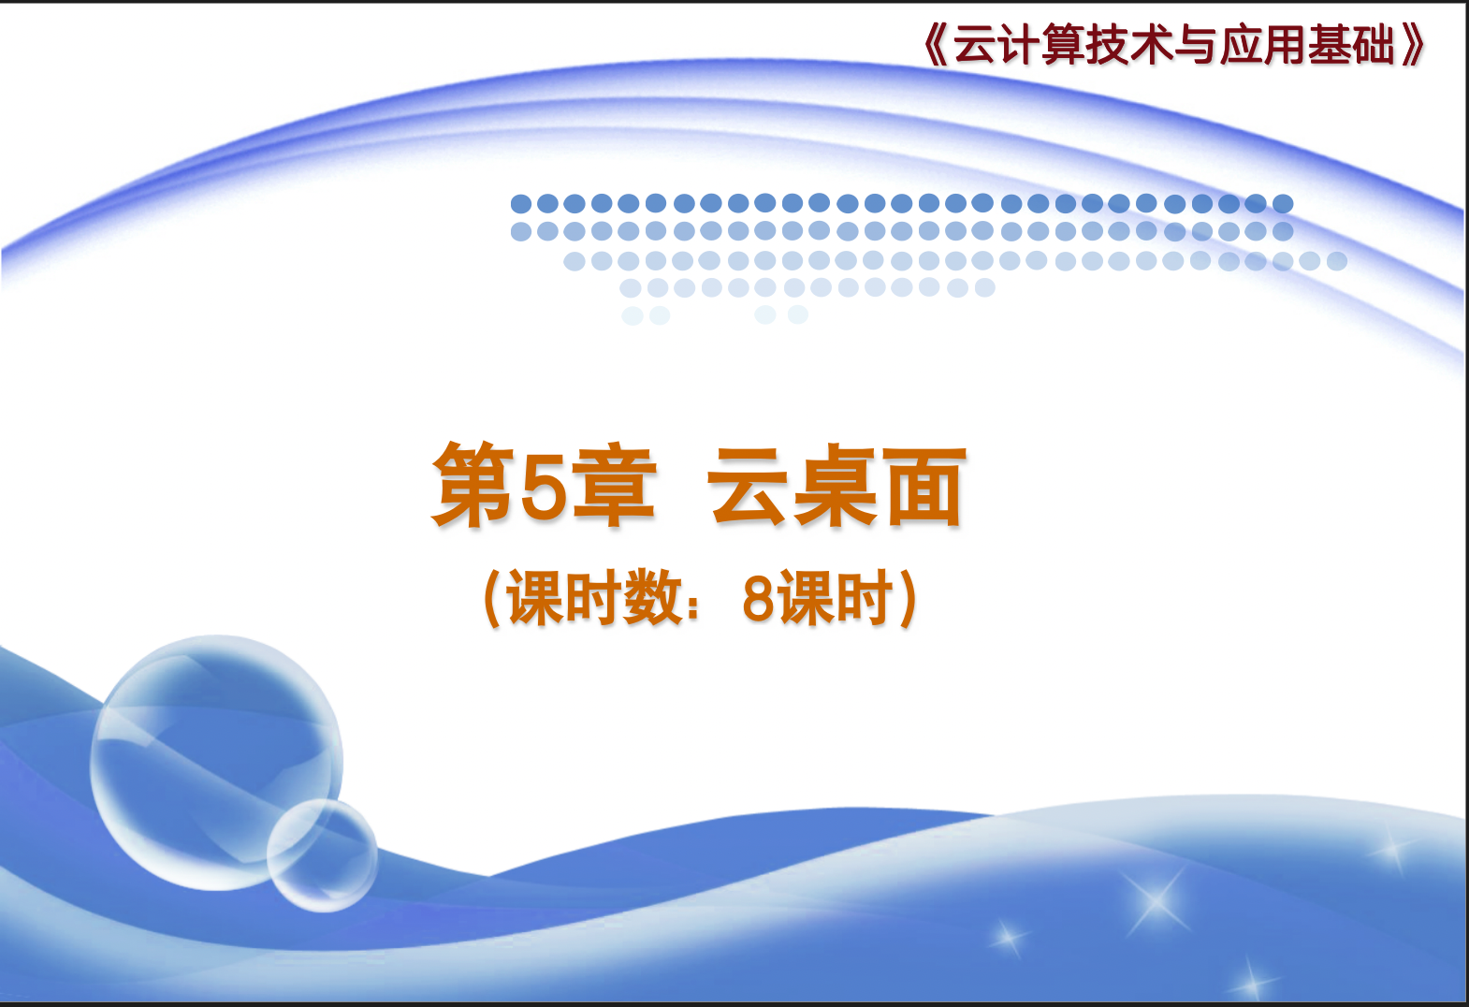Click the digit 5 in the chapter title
click(x=544, y=486)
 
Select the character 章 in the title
click(x=614, y=486)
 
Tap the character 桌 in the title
click(x=836, y=486)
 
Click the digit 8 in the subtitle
click(x=759, y=598)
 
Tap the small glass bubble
click(x=322, y=855)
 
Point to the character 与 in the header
click(x=1196, y=45)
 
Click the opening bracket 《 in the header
click(x=936, y=45)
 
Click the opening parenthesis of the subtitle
click(x=492, y=598)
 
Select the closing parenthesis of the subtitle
click(x=909, y=598)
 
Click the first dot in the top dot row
click(x=521, y=204)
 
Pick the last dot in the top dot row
click(x=1283, y=204)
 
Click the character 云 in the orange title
click(x=747, y=486)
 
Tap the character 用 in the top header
click(x=1285, y=45)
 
